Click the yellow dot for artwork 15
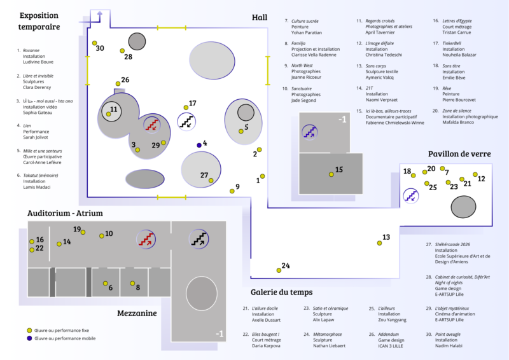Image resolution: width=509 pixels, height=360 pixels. tap(331, 174)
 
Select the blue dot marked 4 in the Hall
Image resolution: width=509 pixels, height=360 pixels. tap(199, 145)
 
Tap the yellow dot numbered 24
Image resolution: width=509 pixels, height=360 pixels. tap(279, 270)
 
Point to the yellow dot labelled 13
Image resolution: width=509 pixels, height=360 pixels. tap(377, 242)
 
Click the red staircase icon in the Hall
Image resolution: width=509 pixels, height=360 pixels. tap(151, 125)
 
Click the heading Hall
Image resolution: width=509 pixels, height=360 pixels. tap(260, 17)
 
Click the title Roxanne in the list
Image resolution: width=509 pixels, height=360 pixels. tap(31, 49)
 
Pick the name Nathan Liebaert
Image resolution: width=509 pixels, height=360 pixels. tap(328, 345)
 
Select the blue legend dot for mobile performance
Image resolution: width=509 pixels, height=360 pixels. tap(29, 338)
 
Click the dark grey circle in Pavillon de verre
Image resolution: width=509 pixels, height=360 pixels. tap(463, 206)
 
